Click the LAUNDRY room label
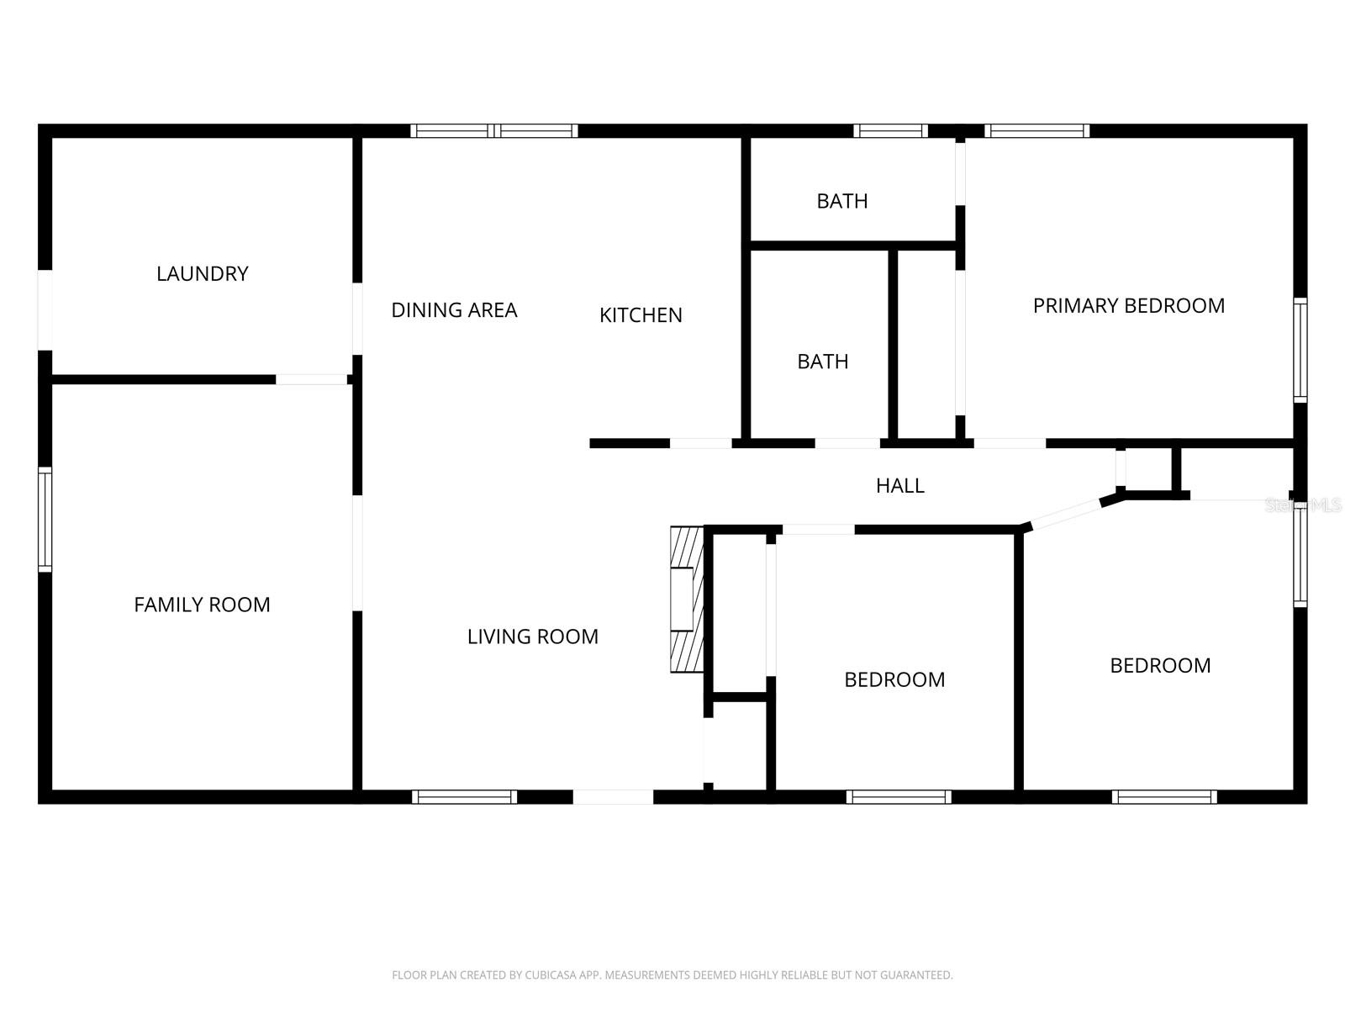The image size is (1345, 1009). pos(203,274)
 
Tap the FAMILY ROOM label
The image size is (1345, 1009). pos(202,605)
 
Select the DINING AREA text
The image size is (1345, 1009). pos(454,310)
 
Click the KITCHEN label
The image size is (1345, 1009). pos(641,315)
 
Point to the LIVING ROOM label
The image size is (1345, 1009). pos(532,637)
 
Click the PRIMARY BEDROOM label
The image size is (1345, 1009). pos(1128,306)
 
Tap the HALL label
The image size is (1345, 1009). pos(899,485)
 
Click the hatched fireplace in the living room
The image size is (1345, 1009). pos(686,600)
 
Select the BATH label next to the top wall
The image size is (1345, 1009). pos(841,201)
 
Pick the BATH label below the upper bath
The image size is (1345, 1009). pos(822,362)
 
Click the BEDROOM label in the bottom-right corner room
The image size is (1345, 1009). pos(1160,666)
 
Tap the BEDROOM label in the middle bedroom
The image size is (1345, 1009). pos(894,679)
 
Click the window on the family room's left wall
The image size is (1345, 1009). pos(45,520)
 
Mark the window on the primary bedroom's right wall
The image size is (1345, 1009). pos(1300,349)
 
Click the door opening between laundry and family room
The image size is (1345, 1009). pos(311,380)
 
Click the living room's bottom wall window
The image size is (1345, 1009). pos(464,796)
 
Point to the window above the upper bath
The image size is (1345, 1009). pos(890,131)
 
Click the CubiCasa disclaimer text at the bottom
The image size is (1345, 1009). pos(672,975)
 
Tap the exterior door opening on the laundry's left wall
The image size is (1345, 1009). pos(45,309)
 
